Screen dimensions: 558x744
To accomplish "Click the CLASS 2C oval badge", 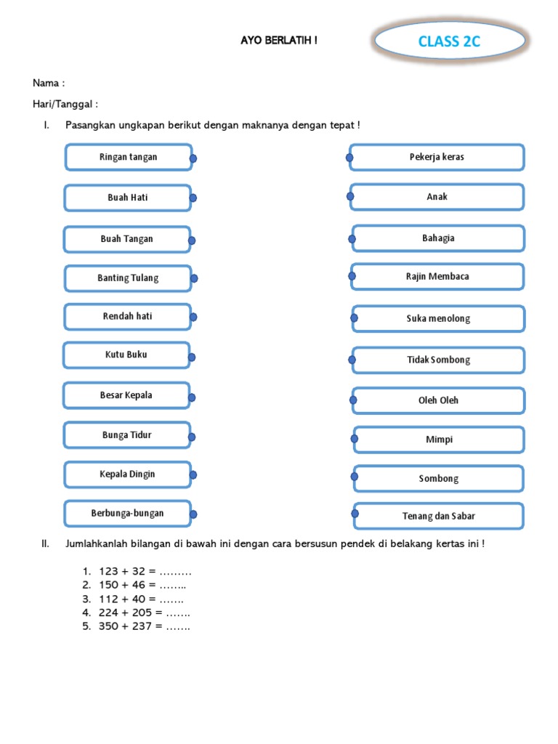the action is [x=449, y=41].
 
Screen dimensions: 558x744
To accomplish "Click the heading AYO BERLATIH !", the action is [x=279, y=41].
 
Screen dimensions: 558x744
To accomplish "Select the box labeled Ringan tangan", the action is [x=129, y=157].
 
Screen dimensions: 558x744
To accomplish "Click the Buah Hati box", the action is [x=128, y=198].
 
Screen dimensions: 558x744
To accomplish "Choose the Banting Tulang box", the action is [x=128, y=278].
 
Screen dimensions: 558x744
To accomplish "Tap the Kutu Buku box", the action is [x=126, y=355].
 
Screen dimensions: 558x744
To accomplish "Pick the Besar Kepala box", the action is [x=126, y=396].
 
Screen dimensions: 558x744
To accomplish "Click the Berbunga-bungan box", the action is [x=128, y=514].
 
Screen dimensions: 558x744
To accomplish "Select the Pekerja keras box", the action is [x=437, y=157].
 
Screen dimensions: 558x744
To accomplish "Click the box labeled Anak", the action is [x=437, y=197].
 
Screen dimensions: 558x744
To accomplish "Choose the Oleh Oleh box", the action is [x=439, y=400].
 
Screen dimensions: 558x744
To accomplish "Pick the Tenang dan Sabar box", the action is [x=439, y=517].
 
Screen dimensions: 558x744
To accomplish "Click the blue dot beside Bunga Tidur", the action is [x=192, y=437].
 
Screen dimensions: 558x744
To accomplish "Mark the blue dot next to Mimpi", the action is [x=355, y=438].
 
